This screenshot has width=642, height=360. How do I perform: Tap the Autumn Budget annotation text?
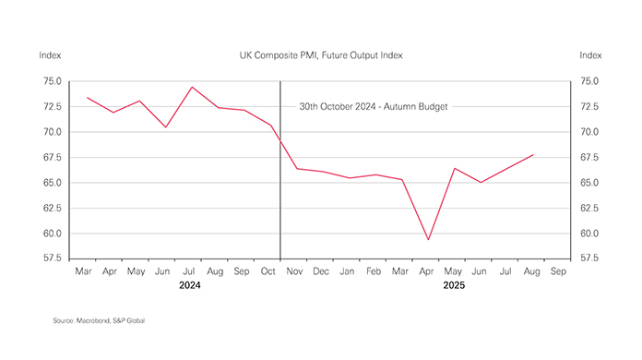coord(374,106)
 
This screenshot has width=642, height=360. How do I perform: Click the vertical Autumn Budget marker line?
coord(280,185)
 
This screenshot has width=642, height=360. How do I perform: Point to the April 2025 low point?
coord(428,240)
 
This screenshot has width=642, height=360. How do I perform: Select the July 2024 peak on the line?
coord(192,87)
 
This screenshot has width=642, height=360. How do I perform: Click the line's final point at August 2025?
coord(533,155)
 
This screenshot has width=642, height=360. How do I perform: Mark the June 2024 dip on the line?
coord(166,126)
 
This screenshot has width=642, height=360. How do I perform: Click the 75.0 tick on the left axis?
coord(52,81)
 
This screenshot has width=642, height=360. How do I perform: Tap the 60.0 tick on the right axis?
coord(590,234)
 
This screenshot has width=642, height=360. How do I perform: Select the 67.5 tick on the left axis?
coord(52,157)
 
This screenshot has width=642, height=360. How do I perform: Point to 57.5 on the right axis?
coord(590,258)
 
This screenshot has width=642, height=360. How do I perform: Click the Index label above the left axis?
coord(50,55)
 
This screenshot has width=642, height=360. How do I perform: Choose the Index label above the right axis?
coord(590,55)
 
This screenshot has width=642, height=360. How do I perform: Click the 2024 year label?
coord(189,287)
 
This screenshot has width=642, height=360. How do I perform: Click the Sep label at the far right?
coord(559,272)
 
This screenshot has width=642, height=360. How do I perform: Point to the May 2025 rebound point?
coord(455,168)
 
